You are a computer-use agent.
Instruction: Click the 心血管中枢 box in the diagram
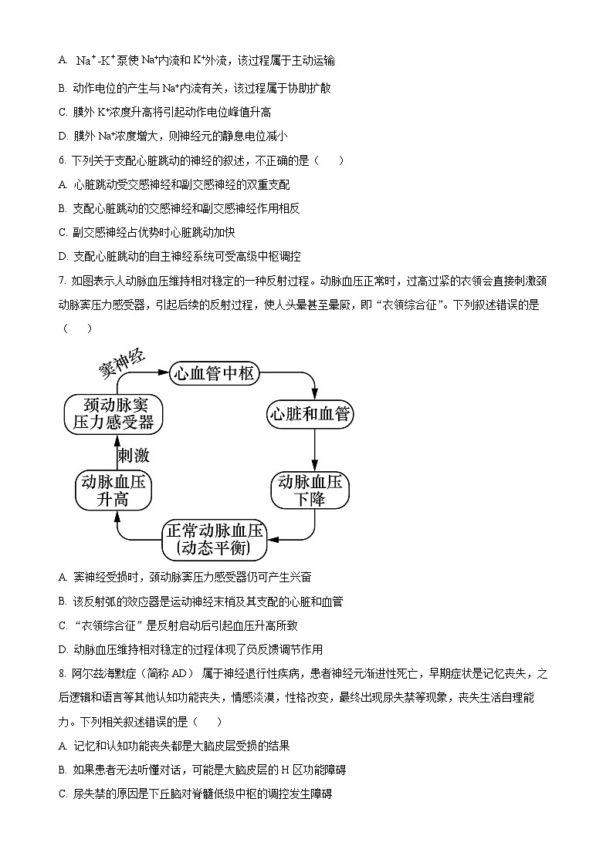click(213, 374)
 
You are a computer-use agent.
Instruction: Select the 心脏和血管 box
click(309, 414)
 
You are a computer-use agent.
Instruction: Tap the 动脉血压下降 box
click(309, 490)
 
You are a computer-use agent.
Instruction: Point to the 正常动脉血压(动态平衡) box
click(215, 540)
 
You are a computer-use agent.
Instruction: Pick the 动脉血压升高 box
click(113, 490)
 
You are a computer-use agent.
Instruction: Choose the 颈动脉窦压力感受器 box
click(113, 413)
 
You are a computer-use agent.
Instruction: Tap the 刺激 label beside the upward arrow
click(133, 455)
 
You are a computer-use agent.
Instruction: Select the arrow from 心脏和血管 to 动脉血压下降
click(315, 450)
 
